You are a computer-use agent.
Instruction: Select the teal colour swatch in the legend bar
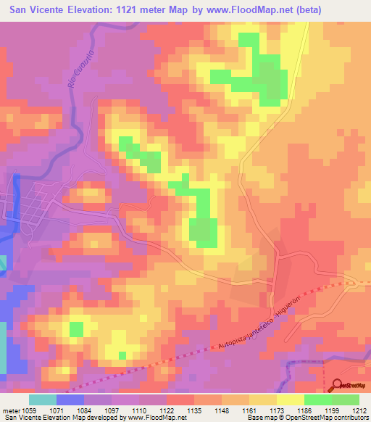[x=43, y=400]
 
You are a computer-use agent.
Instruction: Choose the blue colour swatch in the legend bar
[x=70, y=400]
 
